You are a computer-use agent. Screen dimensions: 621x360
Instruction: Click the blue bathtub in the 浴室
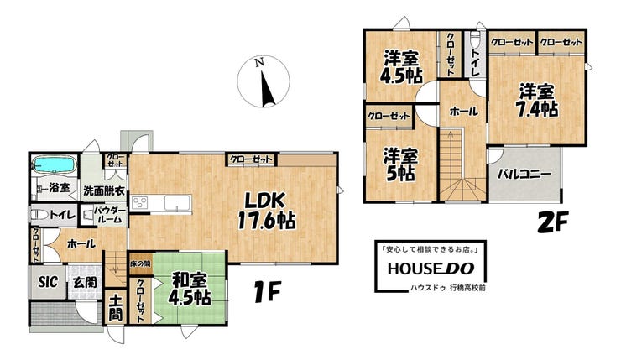tap(54, 164)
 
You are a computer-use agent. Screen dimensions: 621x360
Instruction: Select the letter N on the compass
tap(259, 62)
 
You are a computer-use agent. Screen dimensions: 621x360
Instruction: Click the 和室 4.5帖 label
tap(190, 290)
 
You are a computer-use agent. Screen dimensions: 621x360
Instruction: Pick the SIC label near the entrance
tap(48, 282)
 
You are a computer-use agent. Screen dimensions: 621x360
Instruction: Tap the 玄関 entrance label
tap(85, 282)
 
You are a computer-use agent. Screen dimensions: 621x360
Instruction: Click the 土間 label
tap(116, 307)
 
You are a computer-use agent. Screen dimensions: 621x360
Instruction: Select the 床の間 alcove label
tap(140, 263)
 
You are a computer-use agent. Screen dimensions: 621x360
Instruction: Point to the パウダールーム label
tap(110, 215)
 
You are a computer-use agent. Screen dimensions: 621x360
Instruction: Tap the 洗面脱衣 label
tap(104, 191)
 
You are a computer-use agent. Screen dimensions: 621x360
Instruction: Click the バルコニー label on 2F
tap(524, 174)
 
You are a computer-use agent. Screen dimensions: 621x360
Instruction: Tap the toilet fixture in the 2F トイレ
tap(474, 39)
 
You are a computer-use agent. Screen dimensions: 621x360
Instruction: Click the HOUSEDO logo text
tap(431, 269)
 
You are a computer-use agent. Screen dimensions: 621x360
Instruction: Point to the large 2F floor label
tap(553, 222)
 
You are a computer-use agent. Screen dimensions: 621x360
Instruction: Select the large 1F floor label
tap(266, 292)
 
